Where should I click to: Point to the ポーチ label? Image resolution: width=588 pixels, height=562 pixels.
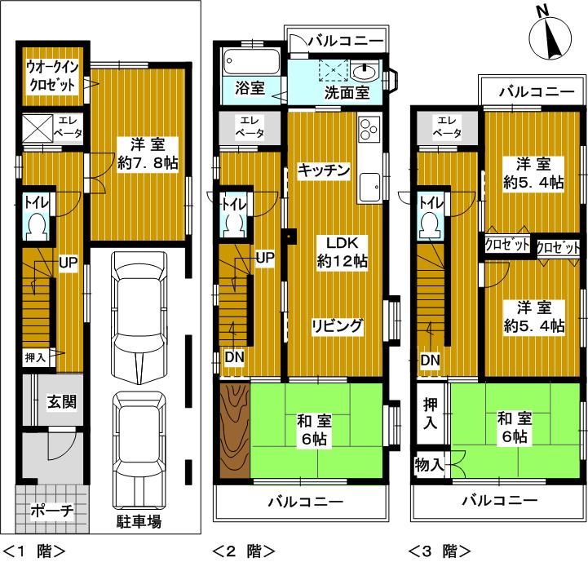point(52,511)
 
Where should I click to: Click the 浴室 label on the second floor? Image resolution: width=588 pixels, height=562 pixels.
point(250,88)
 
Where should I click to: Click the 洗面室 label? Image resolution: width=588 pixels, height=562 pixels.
point(347,93)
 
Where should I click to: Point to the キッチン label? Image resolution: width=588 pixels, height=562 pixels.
point(324,170)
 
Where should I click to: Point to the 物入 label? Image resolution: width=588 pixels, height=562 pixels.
point(429,465)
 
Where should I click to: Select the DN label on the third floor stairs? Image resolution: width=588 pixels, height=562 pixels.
point(429,360)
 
